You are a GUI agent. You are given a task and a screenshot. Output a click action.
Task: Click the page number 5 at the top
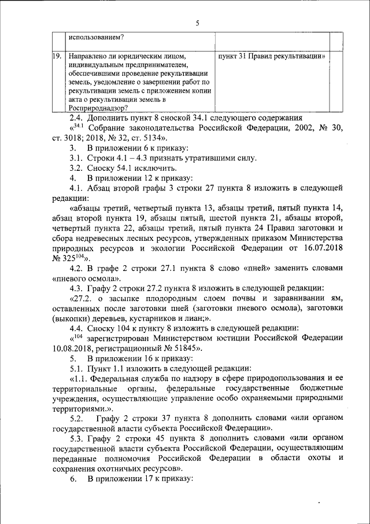click(x=197, y=23)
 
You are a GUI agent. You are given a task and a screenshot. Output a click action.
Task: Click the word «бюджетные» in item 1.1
click(x=321, y=388)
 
